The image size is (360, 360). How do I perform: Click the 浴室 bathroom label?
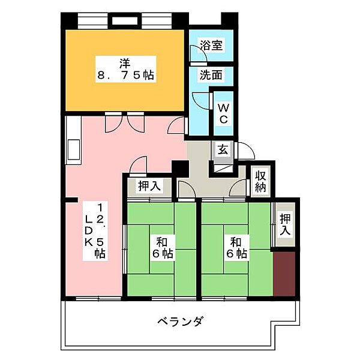coord(211,45)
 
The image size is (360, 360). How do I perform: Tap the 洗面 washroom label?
coord(211,75)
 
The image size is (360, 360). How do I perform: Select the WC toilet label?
coord(223,113)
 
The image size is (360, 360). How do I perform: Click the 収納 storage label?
coord(260,181)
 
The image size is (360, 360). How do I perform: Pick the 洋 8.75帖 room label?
coord(125,69)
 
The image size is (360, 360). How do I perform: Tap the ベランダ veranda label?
coord(180,321)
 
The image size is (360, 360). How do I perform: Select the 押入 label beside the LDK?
coord(149,185)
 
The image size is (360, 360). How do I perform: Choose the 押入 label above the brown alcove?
coord(285,224)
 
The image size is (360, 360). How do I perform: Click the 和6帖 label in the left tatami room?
coord(163,248)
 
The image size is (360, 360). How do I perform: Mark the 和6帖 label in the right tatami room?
coord(237,248)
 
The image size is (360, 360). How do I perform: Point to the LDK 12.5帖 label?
coord(95,231)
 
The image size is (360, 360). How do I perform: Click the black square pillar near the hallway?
coord(180,169)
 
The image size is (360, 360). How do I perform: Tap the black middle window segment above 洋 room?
coord(125,21)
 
